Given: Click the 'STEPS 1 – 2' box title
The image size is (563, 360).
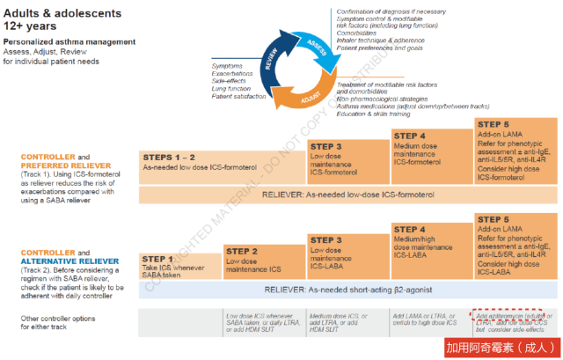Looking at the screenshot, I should point(170,156).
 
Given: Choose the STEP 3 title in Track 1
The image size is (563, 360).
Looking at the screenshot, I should point(326,146).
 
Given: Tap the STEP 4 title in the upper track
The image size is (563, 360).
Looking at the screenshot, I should point(411,136).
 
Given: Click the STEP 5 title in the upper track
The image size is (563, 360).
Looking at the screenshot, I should point(494,124).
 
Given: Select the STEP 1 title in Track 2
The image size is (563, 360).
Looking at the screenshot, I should point(160,259).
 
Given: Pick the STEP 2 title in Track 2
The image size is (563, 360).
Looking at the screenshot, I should point(243,250).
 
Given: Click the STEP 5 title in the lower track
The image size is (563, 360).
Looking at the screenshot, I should point(494,218).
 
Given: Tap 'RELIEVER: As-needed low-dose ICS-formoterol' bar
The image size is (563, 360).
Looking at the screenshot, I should point(349,195).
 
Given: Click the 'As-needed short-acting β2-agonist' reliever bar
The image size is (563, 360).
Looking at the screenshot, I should point(349,289).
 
